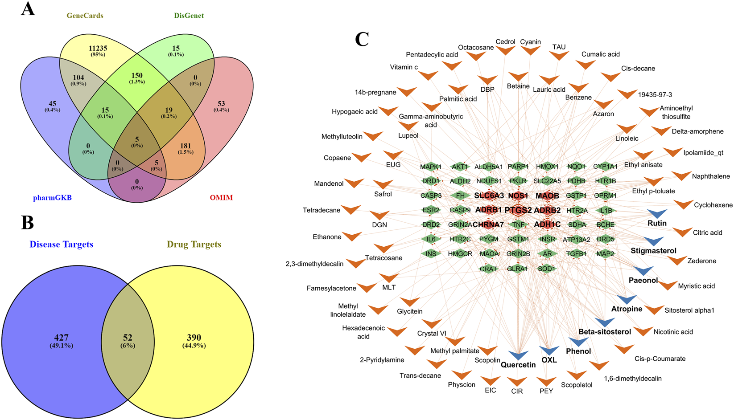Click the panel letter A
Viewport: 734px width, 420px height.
tap(28, 9)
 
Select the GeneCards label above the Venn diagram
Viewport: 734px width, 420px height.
tap(85, 16)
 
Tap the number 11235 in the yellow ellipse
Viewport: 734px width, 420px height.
tap(98, 48)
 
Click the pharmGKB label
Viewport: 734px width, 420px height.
tap(52, 198)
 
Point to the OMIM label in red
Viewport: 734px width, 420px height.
tap(221, 198)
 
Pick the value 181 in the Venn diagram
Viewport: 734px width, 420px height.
tap(186, 146)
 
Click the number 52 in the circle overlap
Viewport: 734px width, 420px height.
tap(128, 338)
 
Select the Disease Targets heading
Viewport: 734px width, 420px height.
tap(61, 244)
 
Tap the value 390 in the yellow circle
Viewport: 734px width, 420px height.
tap(194, 338)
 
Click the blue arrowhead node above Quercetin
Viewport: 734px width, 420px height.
tap(518, 355)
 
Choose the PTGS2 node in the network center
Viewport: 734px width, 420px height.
tap(518, 210)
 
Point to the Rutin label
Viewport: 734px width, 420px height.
tap(657, 223)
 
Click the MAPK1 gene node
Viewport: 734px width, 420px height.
tap(430, 167)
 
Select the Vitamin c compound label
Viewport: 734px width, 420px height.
tap(404, 67)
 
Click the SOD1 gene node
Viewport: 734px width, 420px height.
tap(546, 269)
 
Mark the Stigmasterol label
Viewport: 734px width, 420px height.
tap(653, 251)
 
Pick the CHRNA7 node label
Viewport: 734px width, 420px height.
tap(488, 224)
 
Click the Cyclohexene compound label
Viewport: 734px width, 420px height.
tap(713, 205)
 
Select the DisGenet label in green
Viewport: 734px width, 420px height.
tap(189, 16)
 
